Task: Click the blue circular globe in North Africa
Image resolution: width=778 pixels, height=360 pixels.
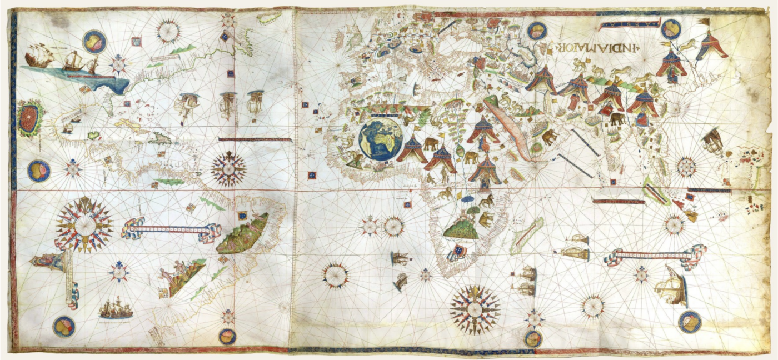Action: click(381, 139)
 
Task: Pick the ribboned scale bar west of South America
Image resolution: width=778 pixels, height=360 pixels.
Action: click(170, 229)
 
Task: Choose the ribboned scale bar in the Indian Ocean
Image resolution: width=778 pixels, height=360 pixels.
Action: click(655, 256)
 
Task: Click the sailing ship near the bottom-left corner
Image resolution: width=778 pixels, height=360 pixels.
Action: click(116, 309)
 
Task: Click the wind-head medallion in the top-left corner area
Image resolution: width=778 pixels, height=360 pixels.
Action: click(94, 42)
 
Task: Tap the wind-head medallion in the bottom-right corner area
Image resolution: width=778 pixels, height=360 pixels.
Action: click(689, 322)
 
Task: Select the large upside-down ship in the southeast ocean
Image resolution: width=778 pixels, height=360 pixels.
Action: click(671, 286)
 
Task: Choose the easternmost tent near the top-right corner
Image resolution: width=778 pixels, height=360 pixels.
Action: click(711, 46)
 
